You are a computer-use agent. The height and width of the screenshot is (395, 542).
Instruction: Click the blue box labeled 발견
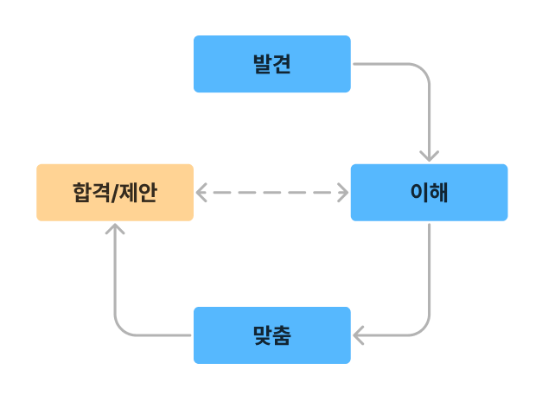[271, 64]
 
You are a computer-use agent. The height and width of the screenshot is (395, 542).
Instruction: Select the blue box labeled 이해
[429, 192]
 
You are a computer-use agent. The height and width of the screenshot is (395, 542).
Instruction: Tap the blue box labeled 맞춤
[271, 334]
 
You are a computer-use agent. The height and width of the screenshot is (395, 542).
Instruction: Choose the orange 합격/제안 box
[115, 192]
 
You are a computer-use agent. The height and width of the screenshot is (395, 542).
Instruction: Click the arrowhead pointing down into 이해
[429, 156]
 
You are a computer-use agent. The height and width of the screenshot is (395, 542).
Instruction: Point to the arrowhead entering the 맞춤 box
[359, 334]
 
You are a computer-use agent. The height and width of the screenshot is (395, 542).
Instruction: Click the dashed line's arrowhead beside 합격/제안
[201, 192]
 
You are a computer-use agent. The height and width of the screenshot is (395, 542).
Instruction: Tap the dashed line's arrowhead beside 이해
[342, 192]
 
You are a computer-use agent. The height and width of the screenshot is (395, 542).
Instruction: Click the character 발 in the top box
[262, 64]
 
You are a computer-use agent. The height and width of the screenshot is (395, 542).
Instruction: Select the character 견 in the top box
[281, 64]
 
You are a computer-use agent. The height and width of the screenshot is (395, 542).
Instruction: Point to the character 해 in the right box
[438, 192]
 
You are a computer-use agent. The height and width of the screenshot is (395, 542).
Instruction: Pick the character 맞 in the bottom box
[262, 334]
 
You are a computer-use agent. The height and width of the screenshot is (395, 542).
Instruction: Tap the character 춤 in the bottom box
[281, 334]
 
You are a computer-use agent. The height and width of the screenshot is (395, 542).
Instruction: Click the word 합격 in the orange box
[92, 192]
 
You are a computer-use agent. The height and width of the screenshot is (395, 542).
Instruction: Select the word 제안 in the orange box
[139, 192]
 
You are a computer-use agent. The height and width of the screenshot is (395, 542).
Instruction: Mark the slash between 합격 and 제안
[115, 192]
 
